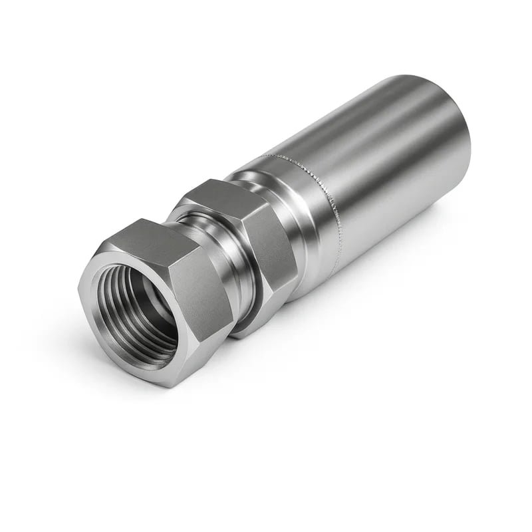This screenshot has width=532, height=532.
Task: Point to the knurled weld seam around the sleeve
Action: [x=332, y=199]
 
